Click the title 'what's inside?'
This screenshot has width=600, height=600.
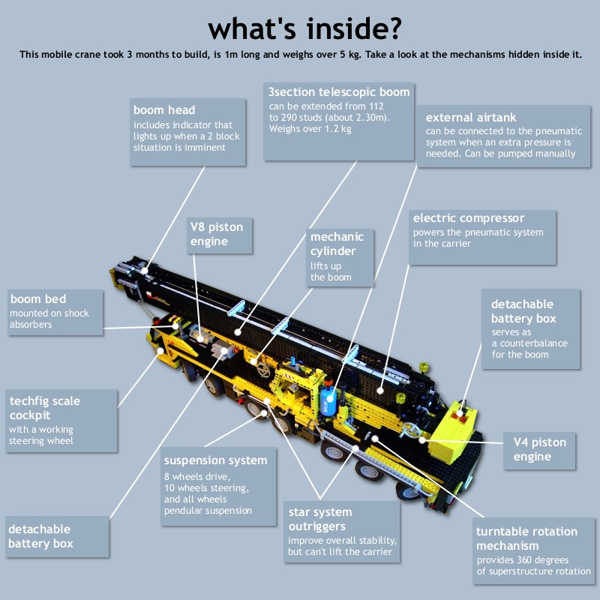click(305, 28)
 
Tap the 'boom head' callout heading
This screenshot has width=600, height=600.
click(164, 109)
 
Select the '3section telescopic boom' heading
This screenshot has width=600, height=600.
click(339, 91)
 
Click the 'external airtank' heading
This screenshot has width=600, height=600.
click(471, 117)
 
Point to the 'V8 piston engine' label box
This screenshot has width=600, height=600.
click(219, 235)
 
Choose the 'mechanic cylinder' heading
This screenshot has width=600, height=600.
click(337, 244)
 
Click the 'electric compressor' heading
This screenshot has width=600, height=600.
click(468, 217)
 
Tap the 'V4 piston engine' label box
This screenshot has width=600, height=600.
click(539, 451)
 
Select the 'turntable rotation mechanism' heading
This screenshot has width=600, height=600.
click(526, 538)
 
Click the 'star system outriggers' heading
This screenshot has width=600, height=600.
click(320, 519)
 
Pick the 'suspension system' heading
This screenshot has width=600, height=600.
click(215, 460)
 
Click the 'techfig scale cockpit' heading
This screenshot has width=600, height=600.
click(45, 408)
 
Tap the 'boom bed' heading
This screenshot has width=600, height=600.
click(38, 298)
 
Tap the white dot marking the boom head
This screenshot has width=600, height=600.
click(144, 271)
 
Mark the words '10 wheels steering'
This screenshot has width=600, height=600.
click(206, 488)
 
